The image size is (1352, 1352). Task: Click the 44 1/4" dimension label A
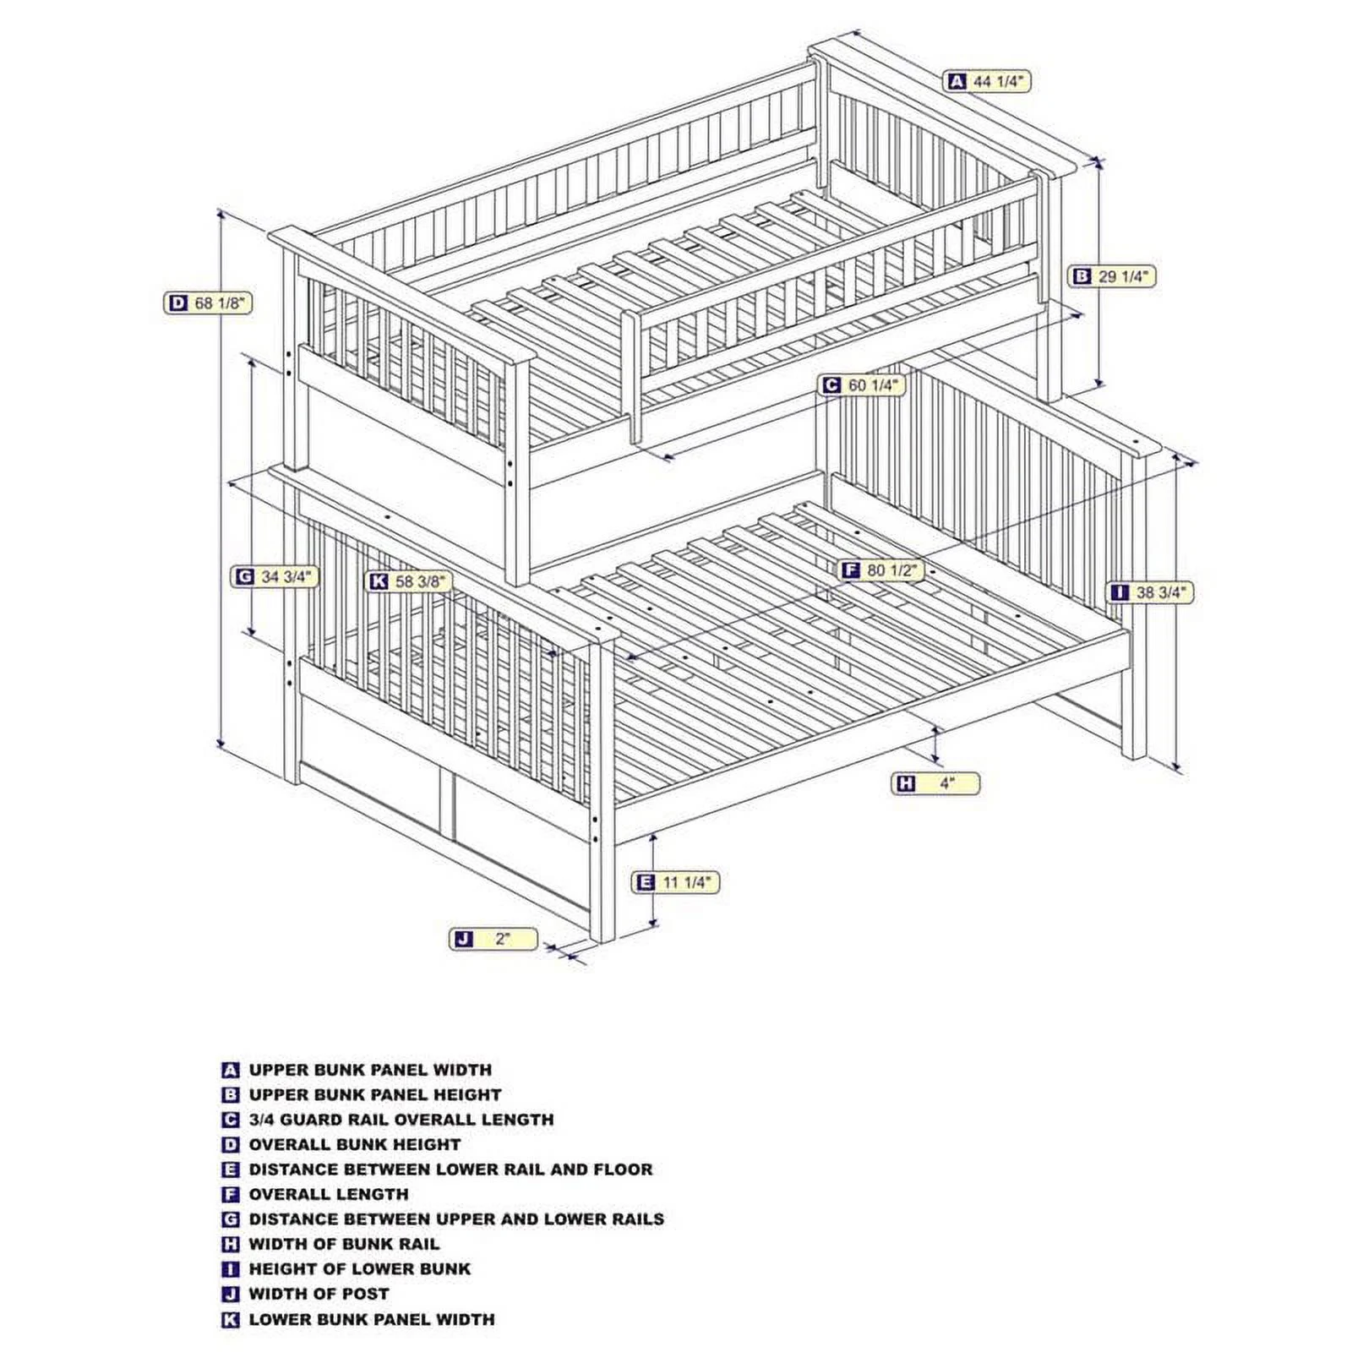989,81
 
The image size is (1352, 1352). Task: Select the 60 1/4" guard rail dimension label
862,385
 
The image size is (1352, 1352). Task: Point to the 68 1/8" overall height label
208,303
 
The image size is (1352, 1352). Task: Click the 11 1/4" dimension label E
677,882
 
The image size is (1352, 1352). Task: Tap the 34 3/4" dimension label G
275,577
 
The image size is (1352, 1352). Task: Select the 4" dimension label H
936,783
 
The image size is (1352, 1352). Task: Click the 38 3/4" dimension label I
1151,592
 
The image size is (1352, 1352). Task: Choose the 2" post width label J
493,939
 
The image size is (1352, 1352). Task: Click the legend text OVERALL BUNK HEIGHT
354,1145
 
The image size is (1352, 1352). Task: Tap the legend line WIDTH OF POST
319,1294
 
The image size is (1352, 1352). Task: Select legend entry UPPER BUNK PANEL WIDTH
369,1070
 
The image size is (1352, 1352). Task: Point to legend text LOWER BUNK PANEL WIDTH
371,1319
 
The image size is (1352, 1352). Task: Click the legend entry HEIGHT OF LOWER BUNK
359,1269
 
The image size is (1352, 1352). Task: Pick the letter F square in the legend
231,1195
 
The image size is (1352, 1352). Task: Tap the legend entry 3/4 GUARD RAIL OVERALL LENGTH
401,1120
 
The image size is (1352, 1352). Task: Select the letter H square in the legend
231,1245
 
